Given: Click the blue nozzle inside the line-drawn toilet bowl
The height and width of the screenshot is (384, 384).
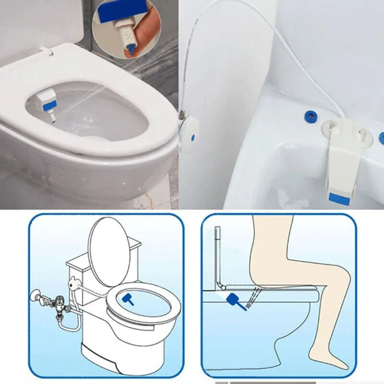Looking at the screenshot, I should pos(129,299).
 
